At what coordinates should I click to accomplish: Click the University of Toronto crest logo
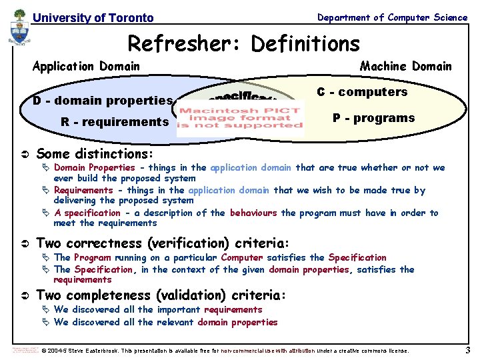coord(19,31)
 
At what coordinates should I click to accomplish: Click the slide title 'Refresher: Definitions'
coord(243,44)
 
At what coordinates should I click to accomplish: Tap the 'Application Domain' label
coord(86,66)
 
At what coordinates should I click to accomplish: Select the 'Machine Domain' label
coord(405,66)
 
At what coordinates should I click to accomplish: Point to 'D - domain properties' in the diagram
coord(103,101)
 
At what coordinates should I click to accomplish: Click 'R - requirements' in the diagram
coord(114,122)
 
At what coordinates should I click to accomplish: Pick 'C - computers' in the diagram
coord(361,92)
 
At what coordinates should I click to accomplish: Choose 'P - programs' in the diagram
coord(373,118)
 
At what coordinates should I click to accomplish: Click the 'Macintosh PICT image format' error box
coord(240,118)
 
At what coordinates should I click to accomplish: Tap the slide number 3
coord(468,350)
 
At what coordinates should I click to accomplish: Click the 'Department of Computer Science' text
coord(392,17)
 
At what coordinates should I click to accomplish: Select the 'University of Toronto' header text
coord(93,18)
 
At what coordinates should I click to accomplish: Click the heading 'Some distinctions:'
coord(95,153)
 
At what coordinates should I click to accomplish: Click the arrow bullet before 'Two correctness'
coord(23,243)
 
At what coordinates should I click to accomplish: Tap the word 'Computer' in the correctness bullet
coord(242,257)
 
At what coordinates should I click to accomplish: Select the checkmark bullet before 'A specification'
coord(46,213)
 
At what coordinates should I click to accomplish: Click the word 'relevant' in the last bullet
coord(177,322)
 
